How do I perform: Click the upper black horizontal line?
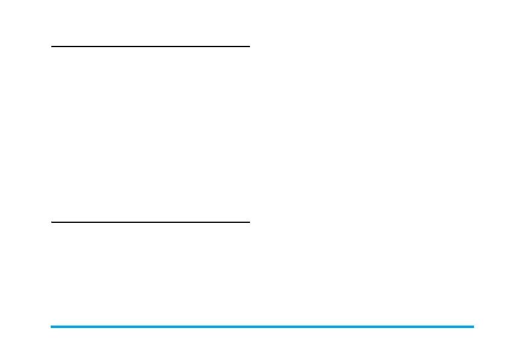(x=150, y=46)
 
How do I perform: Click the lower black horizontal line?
(x=150, y=222)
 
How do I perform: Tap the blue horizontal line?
(x=262, y=327)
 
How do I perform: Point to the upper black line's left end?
(x=52, y=46)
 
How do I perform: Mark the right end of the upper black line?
(x=249, y=46)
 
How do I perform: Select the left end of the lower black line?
(x=52, y=222)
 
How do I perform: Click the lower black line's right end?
(x=249, y=222)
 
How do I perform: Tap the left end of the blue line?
(x=51, y=327)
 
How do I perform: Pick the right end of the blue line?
(x=473, y=327)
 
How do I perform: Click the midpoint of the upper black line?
(x=150, y=46)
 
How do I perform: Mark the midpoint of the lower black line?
(x=150, y=222)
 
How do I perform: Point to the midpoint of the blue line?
(x=262, y=327)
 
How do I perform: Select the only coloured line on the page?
(x=262, y=327)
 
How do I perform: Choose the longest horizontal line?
(x=262, y=327)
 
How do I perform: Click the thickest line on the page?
(x=262, y=327)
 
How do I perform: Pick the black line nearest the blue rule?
(x=150, y=222)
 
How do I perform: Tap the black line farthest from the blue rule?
(x=150, y=46)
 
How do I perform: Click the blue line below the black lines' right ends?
(x=249, y=327)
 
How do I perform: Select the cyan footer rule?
(x=262, y=327)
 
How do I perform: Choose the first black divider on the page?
(x=150, y=46)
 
